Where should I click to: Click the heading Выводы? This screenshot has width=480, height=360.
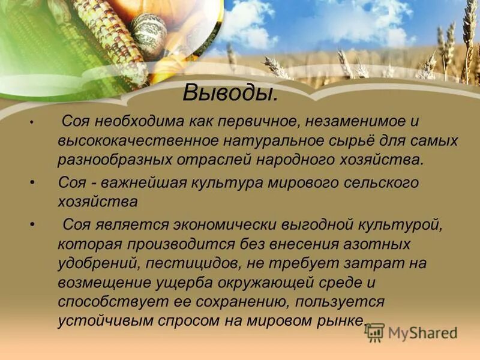pos(230,93)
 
